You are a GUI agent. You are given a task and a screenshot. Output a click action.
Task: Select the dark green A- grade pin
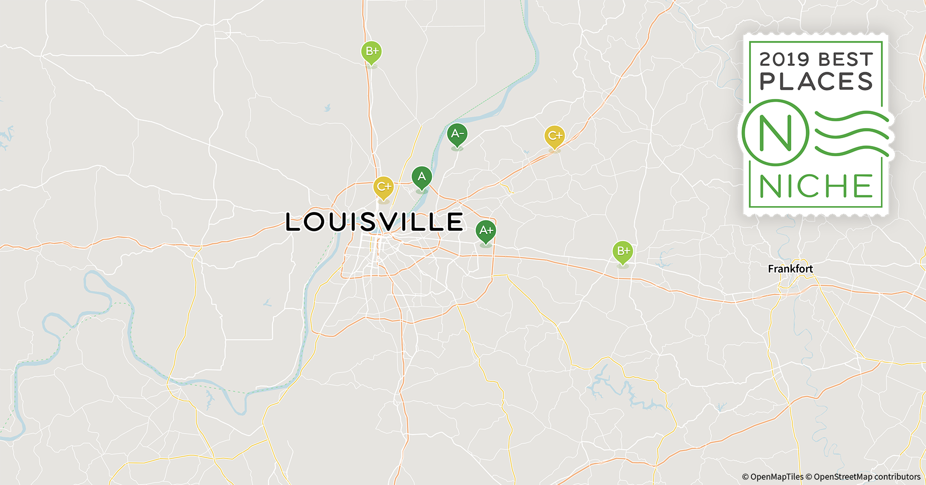pos(457,134)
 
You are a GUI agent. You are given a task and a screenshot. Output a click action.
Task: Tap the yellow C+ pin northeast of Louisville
pos(555,136)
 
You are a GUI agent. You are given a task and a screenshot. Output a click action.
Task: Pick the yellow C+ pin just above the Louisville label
pos(383,187)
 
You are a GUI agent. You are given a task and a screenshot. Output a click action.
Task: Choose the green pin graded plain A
pos(422,177)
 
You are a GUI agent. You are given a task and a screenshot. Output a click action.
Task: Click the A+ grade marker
pos(486,231)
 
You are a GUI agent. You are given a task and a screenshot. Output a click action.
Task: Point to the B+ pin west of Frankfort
pos(623,252)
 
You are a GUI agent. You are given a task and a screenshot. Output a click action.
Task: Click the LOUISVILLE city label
pos(374,222)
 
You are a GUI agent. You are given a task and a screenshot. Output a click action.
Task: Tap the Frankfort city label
pos(790,269)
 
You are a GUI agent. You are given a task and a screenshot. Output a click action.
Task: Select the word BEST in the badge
pos(846,60)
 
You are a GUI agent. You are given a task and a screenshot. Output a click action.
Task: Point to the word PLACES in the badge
pos(816,81)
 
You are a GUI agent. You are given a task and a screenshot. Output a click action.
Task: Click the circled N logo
pos(775,132)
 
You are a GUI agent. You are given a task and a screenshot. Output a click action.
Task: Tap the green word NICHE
pos(816,186)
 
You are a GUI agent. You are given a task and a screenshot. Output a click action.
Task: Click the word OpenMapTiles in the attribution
pos(777,477)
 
